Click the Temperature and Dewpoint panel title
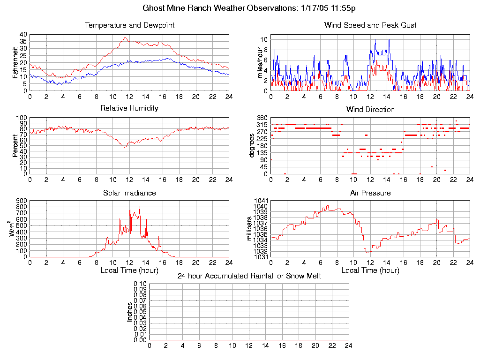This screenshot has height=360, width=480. tap(129, 25)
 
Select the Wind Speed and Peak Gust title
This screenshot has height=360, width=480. tap(370, 25)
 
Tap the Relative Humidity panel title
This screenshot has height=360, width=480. tap(129, 108)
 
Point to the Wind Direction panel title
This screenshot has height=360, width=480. tap(370, 109)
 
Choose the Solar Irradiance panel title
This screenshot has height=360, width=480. tap(129, 193)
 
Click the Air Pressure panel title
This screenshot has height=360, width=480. tap(370, 193)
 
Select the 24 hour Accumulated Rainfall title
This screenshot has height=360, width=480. tap(249, 276)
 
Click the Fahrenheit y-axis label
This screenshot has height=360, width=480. tap(15, 62)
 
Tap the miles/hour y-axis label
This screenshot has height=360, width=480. tap(256, 62)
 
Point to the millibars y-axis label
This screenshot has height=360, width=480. tap(249, 228)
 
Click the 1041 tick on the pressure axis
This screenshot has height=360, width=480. tap(261, 201)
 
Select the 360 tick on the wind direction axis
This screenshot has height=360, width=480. tap(262, 117)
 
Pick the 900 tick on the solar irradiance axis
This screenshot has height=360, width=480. tap(22, 201)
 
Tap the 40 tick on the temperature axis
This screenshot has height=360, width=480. tap(23, 34)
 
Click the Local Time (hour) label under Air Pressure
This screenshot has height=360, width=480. tap(370, 270)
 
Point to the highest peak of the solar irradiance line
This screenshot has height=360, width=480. tap(140, 207)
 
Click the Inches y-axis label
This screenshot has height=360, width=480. tap(129, 312)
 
